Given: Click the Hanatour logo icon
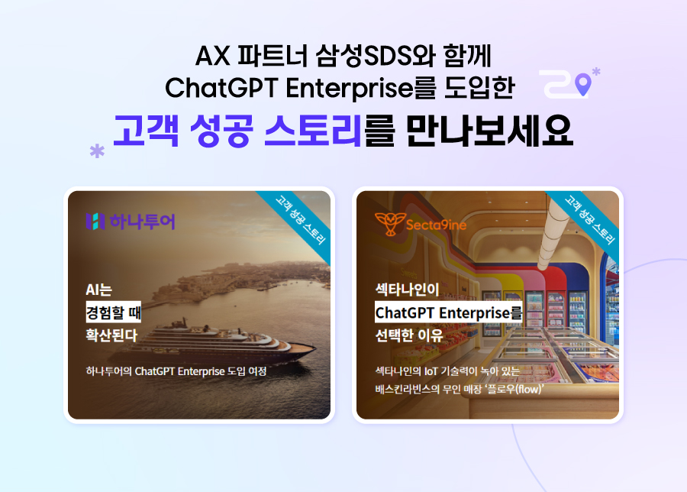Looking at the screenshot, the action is coord(95,222).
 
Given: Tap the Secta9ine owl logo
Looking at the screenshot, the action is coord(389,224).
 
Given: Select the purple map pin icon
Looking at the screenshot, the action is coord(582,85).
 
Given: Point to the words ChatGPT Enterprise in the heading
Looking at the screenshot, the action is coord(289,88).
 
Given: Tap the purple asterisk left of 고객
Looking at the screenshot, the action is coord(97,151).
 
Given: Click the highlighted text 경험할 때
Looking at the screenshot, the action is coord(114,312).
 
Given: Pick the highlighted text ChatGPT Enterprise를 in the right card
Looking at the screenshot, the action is coord(449,312).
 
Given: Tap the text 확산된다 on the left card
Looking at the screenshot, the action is coord(111,335).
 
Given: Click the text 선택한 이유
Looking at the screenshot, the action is coord(409,335).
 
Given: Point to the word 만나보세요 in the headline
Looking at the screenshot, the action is coord(489,131).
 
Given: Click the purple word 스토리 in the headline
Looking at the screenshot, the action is coord(313,131).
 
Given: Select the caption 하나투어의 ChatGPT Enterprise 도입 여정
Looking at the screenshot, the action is coord(176,371).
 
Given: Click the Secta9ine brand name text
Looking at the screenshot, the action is coord(436,225).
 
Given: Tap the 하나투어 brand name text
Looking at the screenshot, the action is coord(143,222).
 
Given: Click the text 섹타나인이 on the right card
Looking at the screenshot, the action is coord(407,290).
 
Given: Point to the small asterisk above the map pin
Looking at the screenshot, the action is coord(596,71).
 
